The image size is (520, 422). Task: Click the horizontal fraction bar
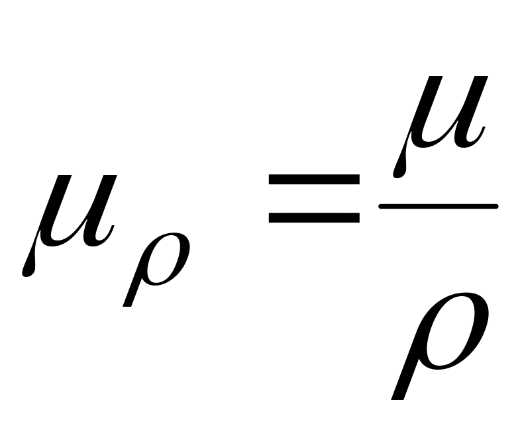[438, 207]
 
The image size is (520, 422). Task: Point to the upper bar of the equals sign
[313, 180]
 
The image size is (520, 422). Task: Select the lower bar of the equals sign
[313, 216]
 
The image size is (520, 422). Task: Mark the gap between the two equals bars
[313, 197]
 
